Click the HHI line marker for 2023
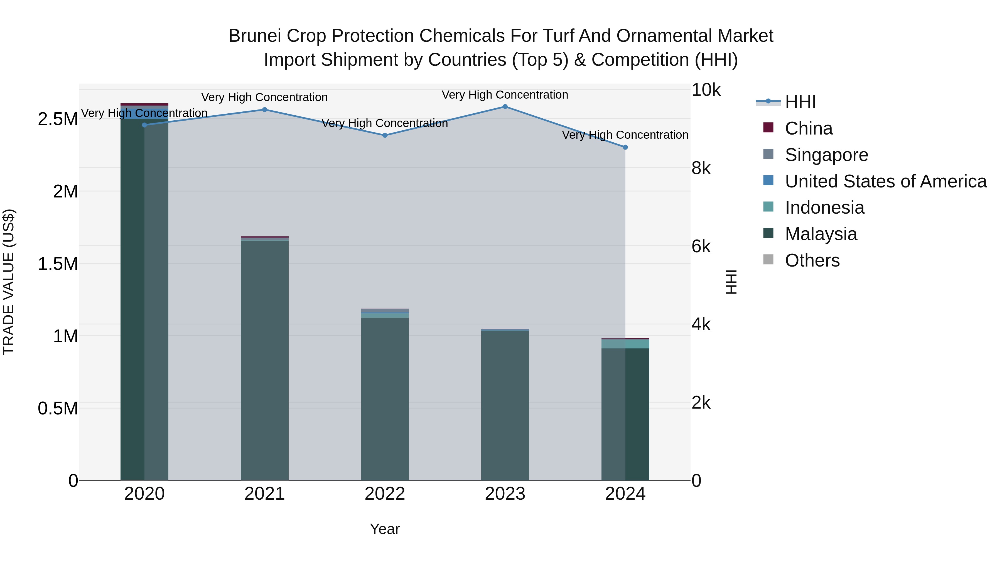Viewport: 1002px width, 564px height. (x=505, y=107)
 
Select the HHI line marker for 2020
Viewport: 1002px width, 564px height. (x=144, y=125)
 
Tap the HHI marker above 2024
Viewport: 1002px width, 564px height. (x=625, y=147)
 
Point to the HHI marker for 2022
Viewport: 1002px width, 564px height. (x=385, y=135)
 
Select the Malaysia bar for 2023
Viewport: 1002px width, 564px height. (x=505, y=405)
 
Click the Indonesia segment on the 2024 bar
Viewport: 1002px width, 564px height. (x=625, y=344)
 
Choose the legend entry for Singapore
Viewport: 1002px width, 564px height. (x=826, y=155)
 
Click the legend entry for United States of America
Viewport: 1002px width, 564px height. (x=885, y=181)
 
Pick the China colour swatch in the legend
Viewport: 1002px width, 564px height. (x=768, y=128)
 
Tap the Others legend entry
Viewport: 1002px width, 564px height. (x=812, y=260)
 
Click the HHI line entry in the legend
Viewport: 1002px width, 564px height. (x=800, y=102)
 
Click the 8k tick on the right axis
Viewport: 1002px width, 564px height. (x=701, y=169)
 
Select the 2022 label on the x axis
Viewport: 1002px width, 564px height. (x=385, y=494)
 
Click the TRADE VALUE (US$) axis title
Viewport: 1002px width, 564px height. (x=9, y=282)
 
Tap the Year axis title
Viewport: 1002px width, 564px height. (x=385, y=529)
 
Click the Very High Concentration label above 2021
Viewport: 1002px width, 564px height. (x=264, y=97)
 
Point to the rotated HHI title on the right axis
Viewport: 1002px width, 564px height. (x=731, y=282)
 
